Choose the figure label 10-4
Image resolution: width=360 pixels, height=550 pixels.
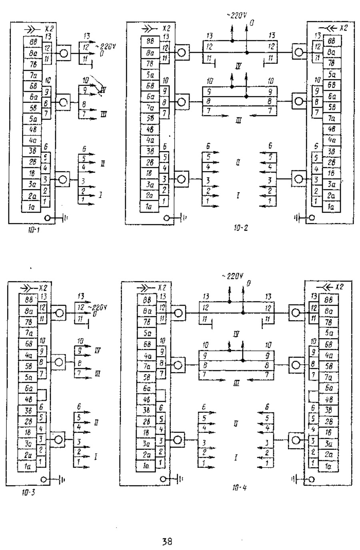[239, 488]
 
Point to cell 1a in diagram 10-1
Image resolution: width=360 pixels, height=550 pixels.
[30, 207]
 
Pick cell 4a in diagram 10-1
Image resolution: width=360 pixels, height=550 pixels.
[30, 141]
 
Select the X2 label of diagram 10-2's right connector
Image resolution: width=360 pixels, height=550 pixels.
[343, 28]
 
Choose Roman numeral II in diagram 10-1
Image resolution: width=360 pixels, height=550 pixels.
[103, 163]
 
